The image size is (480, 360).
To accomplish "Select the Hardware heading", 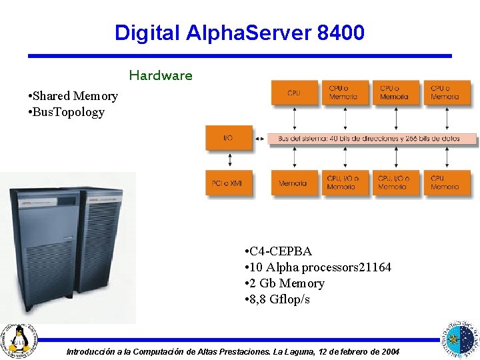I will pos(161,75).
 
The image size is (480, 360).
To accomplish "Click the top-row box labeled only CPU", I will pos(294,93).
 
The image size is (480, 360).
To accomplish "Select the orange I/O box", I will pos(229,138).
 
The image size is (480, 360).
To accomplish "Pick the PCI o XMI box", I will pos(229,183).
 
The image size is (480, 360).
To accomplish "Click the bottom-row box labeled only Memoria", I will pos(294,183).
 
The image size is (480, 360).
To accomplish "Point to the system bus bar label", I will pos(373,139).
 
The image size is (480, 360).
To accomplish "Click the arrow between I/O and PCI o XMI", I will pos(229,161).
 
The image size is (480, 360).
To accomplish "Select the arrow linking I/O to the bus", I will pos(260,139).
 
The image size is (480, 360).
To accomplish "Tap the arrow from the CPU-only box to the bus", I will pos(294,119).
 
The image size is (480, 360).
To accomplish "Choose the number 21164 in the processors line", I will pos(375,267).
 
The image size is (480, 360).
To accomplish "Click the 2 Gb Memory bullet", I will pos(287,283).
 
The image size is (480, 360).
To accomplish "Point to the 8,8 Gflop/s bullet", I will pos(280,299).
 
